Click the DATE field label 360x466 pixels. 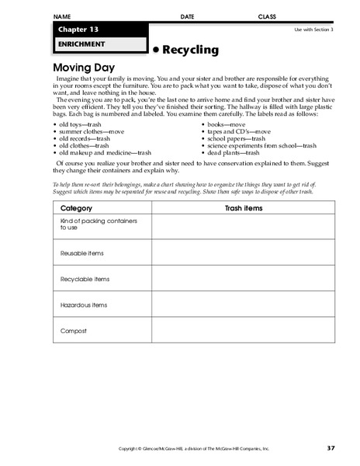tap(187, 16)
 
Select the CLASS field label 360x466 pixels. tap(268, 16)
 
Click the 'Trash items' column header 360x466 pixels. tap(243, 208)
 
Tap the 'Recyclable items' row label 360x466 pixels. tap(84, 279)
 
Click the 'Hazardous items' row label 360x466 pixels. tap(83, 305)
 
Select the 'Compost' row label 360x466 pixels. tap(72, 331)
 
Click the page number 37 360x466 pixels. tap(331, 448)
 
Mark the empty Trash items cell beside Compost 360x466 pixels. tap(243, 332)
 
